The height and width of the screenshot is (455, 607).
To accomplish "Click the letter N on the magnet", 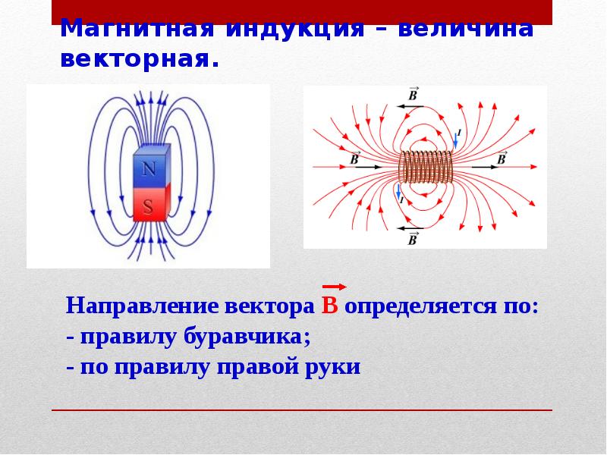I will click(150, 171).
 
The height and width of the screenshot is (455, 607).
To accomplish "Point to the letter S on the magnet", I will click(149, 206).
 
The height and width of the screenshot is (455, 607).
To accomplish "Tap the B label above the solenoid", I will click(413, 95).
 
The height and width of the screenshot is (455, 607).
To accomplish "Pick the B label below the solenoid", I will click(412, 239).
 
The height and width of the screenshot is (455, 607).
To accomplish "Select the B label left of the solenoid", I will click(354, 157).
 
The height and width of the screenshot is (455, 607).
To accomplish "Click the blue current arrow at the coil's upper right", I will click(457, 138).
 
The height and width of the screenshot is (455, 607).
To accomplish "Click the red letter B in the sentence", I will click(329, 306).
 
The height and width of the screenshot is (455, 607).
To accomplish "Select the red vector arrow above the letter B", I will click(335, 287).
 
